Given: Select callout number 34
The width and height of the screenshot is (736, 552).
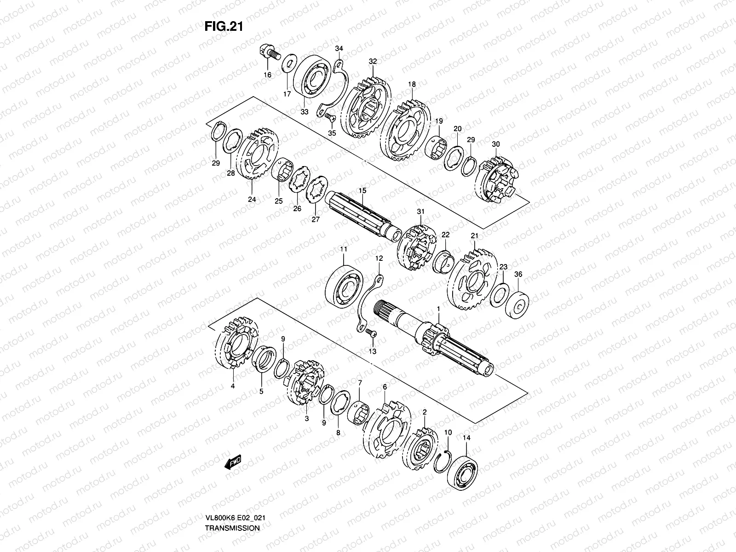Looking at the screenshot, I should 339,49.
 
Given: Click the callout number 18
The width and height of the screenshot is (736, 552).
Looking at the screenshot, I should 412,85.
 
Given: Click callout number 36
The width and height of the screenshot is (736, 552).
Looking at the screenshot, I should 518,275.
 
